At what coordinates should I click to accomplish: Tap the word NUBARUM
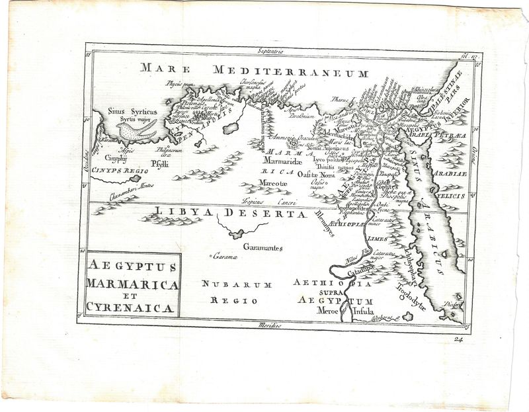click(x=226, y=285)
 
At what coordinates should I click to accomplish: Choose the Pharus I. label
click(x=342, y=101)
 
